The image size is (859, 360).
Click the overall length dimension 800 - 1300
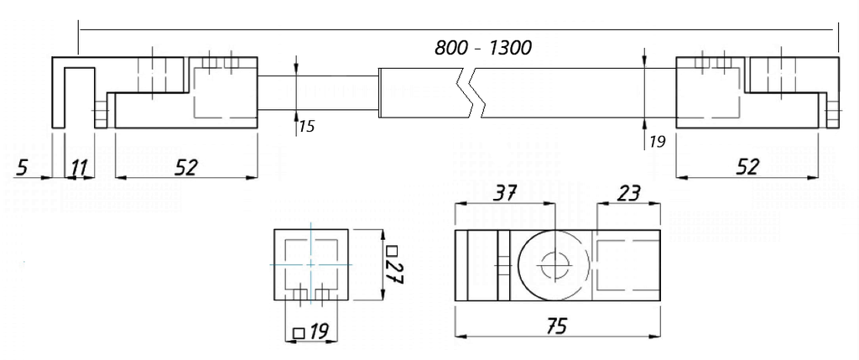[482, 48]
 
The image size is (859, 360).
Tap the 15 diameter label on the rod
[306, 127]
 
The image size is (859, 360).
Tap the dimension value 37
[505, 194]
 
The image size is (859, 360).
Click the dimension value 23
[628, 194]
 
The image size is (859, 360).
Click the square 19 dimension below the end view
[311, 332]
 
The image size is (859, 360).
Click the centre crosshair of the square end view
[311, 264]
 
